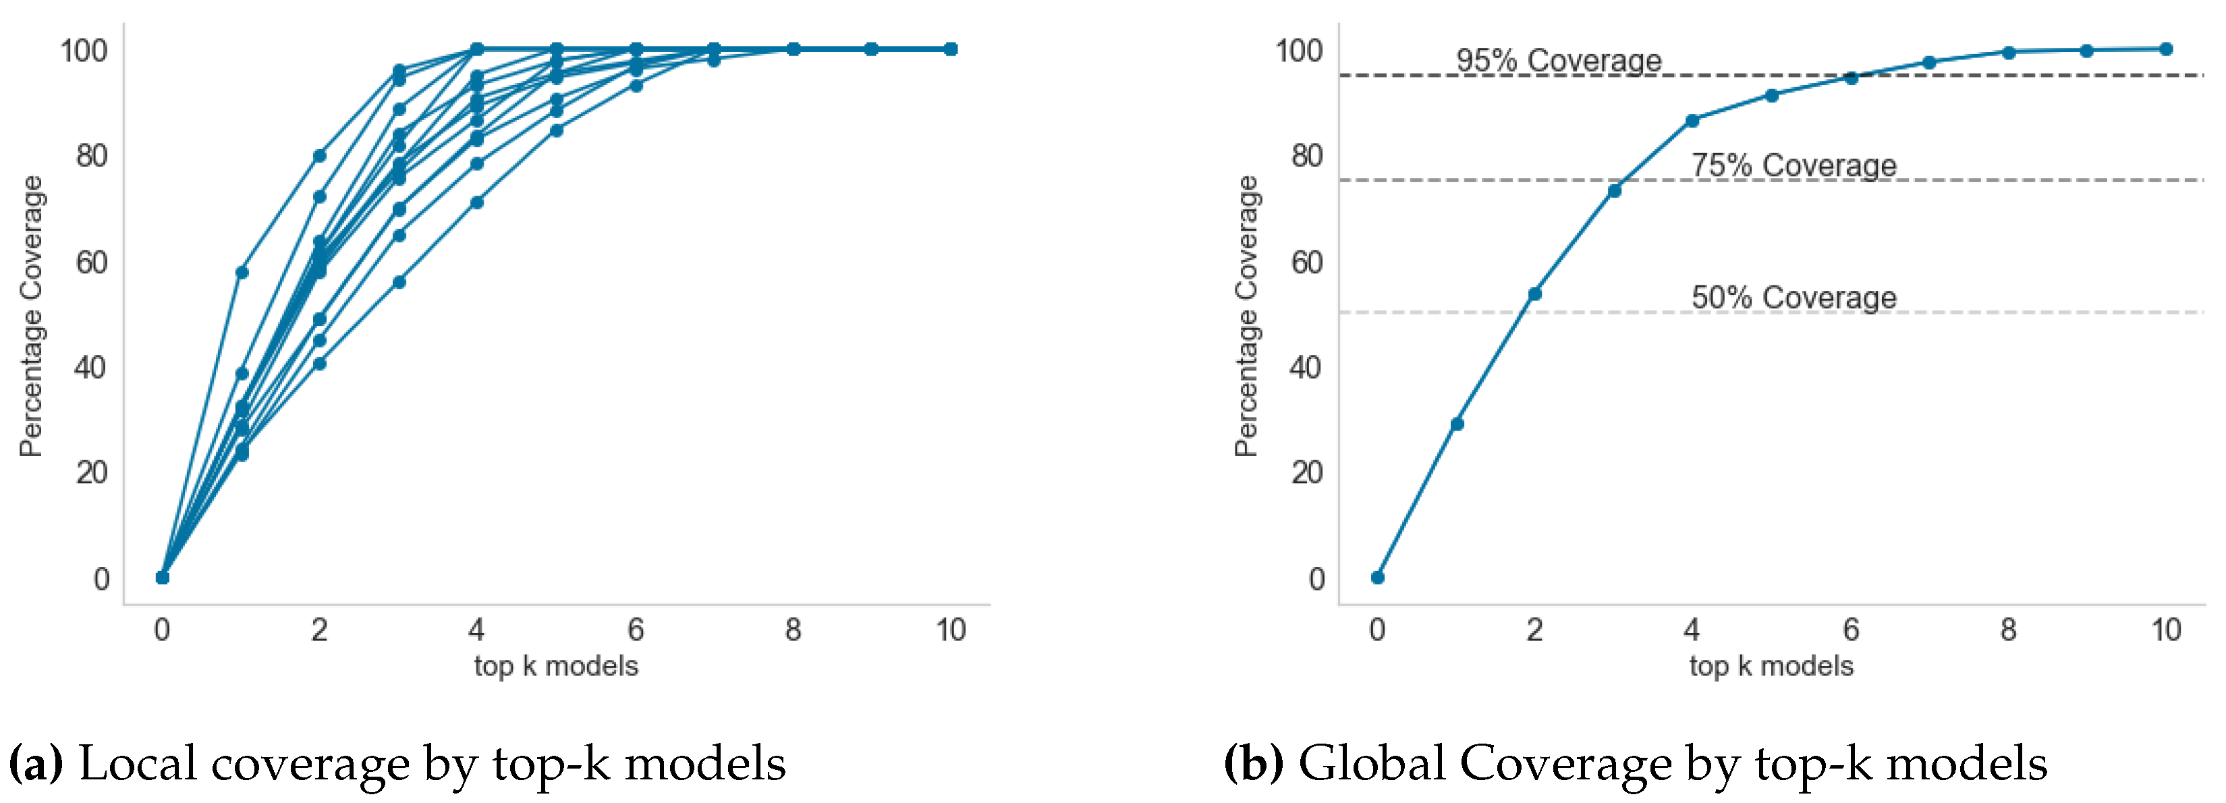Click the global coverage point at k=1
(1457, 424)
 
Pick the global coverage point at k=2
(1534, 294)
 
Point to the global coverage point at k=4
(1692, 120)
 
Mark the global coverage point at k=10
(2165, 49)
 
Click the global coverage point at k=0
(1377, 578)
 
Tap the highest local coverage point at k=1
(242, 272)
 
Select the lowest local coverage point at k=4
(477, 202)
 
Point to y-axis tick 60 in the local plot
(92, 262)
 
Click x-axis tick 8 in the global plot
(2008, 630)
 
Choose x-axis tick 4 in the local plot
(476, 630)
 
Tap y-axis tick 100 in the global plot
(1299, 50)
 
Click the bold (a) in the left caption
(36, 764)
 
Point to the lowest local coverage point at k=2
(320, 363)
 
